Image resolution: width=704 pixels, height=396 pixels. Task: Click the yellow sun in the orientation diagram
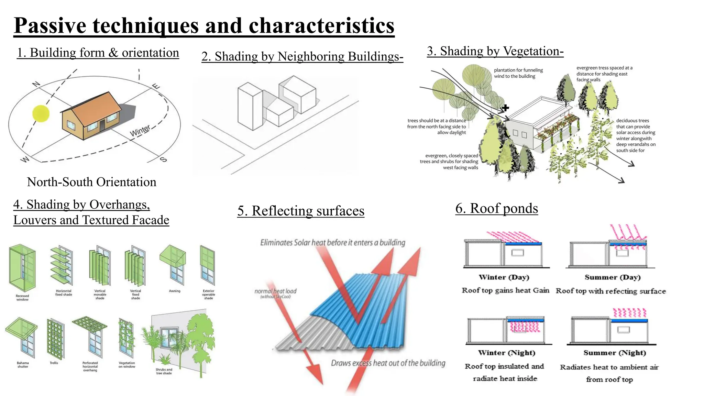tap(41, 113)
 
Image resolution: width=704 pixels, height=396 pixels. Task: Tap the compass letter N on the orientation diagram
tap(36, 84)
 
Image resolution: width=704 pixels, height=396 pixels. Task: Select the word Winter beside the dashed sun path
tap(140, 131)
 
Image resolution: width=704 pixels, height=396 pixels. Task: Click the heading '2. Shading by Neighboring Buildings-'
tap(302, 56)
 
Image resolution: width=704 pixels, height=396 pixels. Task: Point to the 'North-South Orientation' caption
tap(91, 182)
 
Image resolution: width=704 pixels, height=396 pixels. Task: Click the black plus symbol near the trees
tap(505, 108)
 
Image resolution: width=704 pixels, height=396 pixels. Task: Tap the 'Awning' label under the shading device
tap(175, 291)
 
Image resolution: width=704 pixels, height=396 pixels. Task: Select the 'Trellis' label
tap(54, 363)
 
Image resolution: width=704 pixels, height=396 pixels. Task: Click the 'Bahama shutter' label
tap(23, 365)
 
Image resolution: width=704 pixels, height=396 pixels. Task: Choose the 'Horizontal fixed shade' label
tap(64, 293)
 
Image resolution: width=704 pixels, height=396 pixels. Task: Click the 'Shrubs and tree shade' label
tap(164, 371)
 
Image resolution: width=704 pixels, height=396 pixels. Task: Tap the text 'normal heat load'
tap(275, 291)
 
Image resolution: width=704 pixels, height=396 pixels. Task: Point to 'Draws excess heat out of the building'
tap(388, 363)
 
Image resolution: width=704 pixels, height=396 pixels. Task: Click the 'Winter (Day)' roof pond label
tap(504, 277)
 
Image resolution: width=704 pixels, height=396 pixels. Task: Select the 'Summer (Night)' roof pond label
tap(615, 353)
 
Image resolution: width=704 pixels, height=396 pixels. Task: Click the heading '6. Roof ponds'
tap(496, 208)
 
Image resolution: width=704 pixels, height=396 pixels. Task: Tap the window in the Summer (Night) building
tap(624, 330)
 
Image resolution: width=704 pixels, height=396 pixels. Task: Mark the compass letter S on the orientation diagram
tap(164, 159)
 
